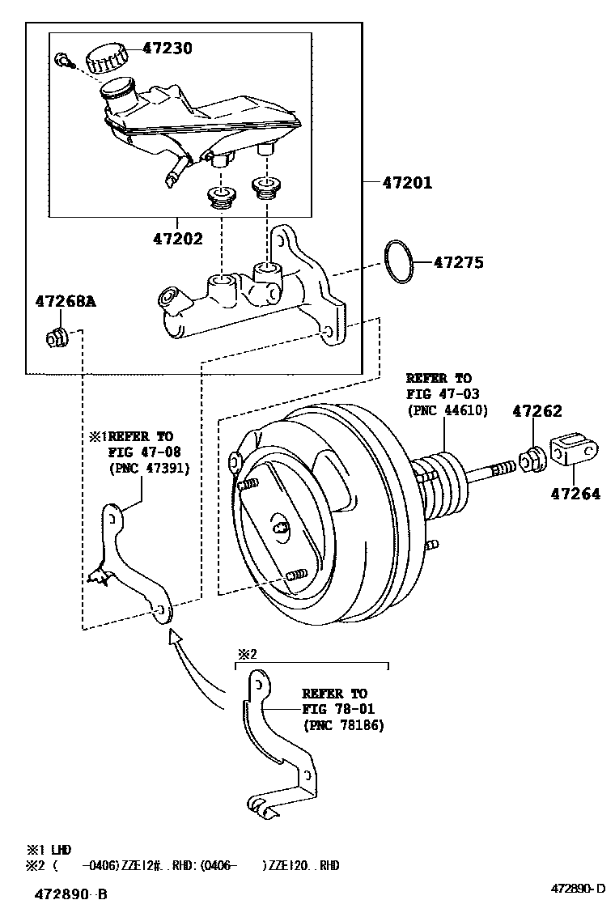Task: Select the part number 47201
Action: tap(407, 183)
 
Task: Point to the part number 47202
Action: tap(177, 239)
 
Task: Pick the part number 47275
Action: tap(459, 262)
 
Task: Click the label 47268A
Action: tap(65, 302)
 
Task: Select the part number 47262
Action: tap(537, 411)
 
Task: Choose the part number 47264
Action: tap(576, 494)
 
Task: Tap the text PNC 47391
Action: tap(149, 468)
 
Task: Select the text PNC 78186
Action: tap(344, 725)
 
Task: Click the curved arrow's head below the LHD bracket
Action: tap(172, 638)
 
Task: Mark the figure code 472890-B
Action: tap(70, 893)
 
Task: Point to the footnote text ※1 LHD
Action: tap(49, 850)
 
